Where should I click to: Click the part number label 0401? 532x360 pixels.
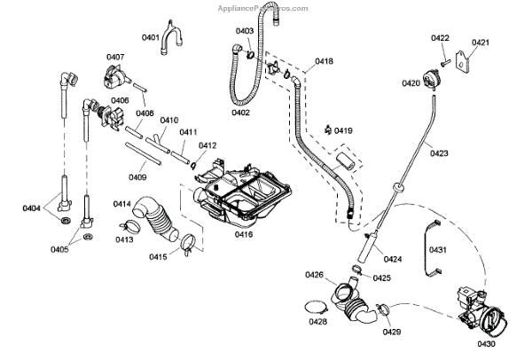tap(150, 37)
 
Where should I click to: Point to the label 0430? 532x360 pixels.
tap(486, 344)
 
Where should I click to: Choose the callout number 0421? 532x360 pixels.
tap(480, 43)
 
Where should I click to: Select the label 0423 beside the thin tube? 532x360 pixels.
tap(439, 153)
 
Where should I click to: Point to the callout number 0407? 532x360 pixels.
tap(115, 58)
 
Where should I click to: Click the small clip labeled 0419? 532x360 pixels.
tap(328, 130)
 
